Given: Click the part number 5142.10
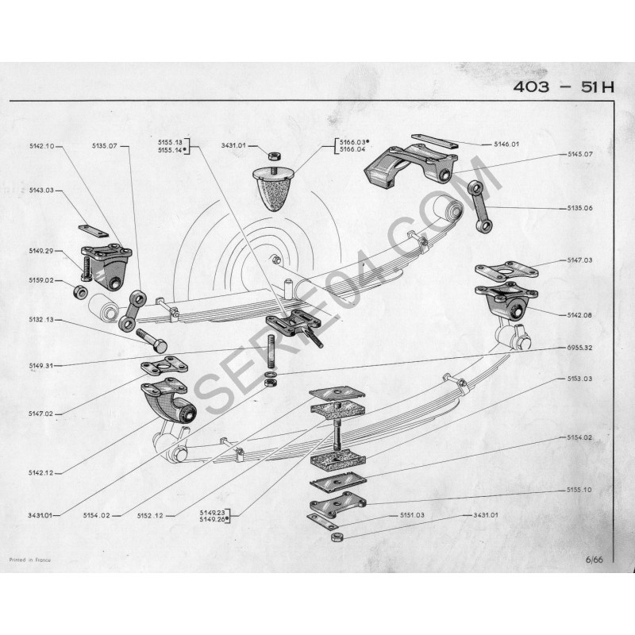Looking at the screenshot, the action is click(41, 146).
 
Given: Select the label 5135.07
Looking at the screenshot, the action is click(104, 146).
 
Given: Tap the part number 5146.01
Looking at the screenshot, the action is click(506, 144).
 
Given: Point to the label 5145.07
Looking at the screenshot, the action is click(579, 154).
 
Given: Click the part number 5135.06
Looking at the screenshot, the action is click(579, 208).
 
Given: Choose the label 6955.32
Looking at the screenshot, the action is click(579, 348).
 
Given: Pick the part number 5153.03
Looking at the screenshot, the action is click(579, 379).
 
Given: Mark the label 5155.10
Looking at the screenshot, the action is click(579, 490).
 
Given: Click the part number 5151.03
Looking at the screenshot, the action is click(412, 514).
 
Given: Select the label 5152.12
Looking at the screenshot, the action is click(150, 515).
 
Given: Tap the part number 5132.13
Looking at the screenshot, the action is click(41, 320).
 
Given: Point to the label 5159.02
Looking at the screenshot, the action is click(41, 280).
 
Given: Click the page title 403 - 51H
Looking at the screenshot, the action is click(564, 87).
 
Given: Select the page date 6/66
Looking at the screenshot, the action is click(594, 560).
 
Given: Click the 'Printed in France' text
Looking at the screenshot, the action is click(30, 560).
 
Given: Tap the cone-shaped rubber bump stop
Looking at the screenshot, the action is click(273, 188).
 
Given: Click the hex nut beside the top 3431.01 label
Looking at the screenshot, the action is click(274, 155).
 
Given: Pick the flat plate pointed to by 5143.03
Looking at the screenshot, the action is click(93, 231).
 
